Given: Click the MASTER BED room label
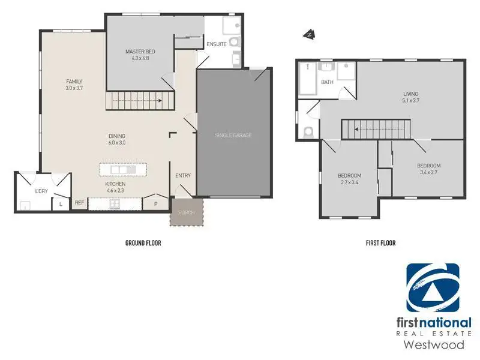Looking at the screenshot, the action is pos(140,52).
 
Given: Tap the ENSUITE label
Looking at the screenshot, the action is pos(217,44).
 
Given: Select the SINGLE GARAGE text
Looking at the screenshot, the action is pos(233,135).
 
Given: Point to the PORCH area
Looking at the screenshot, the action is pos(187,212).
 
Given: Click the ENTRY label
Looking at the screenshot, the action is pos(183,175).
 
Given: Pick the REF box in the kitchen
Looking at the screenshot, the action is pos(80,203).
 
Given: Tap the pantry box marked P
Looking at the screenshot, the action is pos(156,203).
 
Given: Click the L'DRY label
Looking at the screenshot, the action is pos(41,191).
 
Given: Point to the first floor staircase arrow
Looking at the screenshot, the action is pos(380,129).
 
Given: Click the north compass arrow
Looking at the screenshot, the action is pos(310,35).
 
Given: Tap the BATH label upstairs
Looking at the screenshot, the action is pos(327,82).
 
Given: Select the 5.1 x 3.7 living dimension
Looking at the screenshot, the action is pos(411,100).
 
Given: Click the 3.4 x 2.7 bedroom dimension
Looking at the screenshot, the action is pos(428,172).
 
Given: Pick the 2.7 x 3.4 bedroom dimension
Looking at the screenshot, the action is pos(349,182).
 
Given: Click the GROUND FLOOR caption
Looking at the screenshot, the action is pos(143,243).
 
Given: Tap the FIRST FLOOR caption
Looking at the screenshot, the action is pos(381,243).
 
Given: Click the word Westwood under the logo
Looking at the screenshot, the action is pos(434,344).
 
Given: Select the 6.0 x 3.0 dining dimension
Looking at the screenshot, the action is pos(117,143).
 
